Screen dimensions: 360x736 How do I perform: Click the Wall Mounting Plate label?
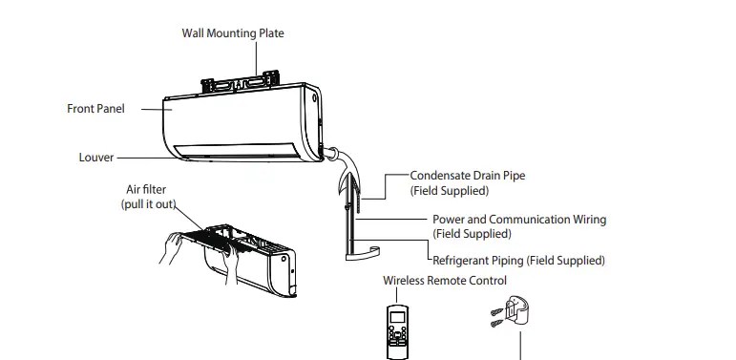[233, 33]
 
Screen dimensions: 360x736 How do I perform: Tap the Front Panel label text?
[95, 109]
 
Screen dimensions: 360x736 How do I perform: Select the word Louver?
[96, 158]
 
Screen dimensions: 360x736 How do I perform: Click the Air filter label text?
[146, 190]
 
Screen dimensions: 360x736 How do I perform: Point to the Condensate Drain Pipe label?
[467, 176]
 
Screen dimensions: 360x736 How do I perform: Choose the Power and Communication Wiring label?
[518, 220]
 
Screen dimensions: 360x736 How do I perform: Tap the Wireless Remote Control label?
[445, 281]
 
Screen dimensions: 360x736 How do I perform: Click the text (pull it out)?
[148, 204]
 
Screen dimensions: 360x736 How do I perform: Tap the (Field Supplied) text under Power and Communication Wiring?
[471, 234]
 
